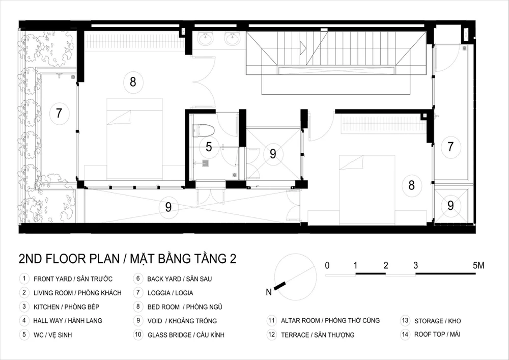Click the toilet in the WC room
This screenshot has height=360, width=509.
click(204, 130)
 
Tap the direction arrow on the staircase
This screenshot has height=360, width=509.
click(303, 48)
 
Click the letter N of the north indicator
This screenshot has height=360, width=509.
click(268, 292)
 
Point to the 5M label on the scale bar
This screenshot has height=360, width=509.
click(478, 265)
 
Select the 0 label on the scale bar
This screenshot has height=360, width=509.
click(327, 265)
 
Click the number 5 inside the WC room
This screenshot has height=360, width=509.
click(209, 147)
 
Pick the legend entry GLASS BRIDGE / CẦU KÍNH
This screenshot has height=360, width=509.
click(186, 335)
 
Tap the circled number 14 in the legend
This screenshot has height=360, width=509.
click(405, 335)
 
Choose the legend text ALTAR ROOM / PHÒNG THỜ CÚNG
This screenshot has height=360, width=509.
click(330, 321)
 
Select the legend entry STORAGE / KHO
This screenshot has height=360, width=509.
click(438, 321)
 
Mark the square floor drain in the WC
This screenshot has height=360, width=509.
click(206, 163)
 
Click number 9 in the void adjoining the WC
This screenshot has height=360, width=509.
click(273, 154)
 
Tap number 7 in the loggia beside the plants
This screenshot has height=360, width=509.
click(59, 113)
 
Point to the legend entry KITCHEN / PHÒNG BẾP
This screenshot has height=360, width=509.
click(66, 307)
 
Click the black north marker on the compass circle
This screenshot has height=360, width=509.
click(280, 286)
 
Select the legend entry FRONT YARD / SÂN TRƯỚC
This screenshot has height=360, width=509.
click(73, 279)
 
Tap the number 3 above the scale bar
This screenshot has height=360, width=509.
click(415, 265)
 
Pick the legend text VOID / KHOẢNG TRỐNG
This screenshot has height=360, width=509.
click(182, 321)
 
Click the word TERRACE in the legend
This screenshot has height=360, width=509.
click(295, 335)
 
